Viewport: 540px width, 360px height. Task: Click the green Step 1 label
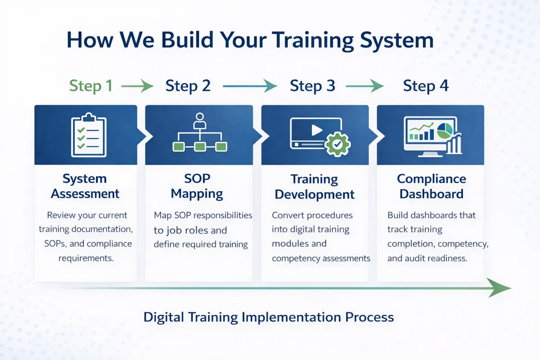pyautogui.click(x=91, y=85)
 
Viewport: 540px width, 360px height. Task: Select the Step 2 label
pyautogui.click(x=188, y=85)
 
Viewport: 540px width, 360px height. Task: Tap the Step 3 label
pyautogui.click(x=312, y=85)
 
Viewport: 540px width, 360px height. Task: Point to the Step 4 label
pyautogui.click(x=426, y=85)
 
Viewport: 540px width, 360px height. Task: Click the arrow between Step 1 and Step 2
pyautogui.click(x=137, y=85)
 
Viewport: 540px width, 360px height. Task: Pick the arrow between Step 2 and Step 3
pyautogui.click(x=250, y=85)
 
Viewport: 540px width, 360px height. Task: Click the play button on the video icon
pyautogui.click(x=317, y=130)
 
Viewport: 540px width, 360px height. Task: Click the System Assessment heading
pyautogui.click(x=85, y=186)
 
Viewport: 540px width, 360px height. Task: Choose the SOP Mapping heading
pyautogui.click(x=197, y=186)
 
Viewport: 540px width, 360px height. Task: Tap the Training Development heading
pyautogui.click(x=315, y=187)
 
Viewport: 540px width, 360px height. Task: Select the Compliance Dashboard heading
pyautogui.click(x=431, y=186)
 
